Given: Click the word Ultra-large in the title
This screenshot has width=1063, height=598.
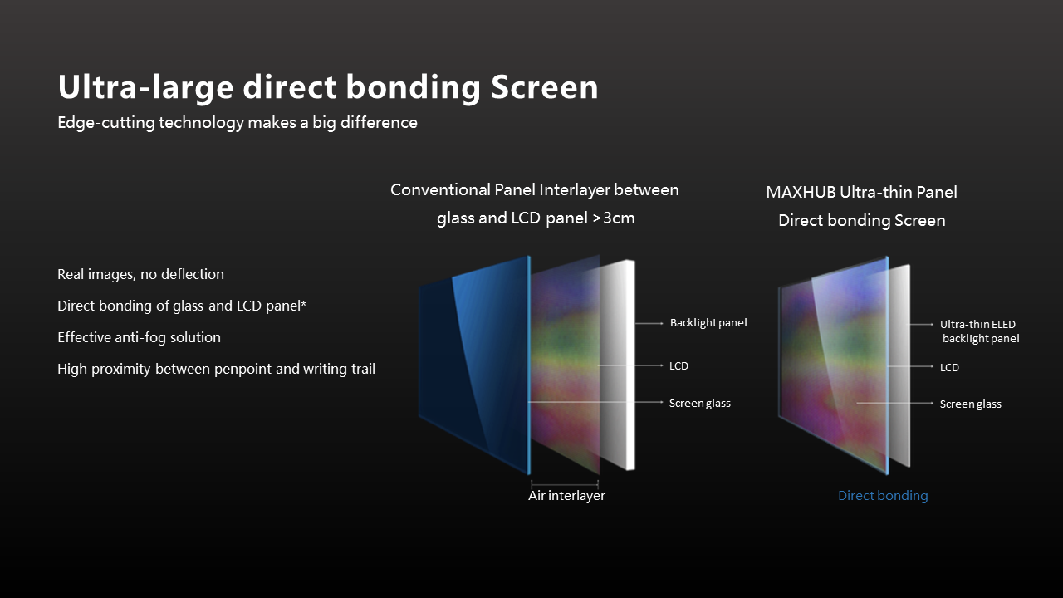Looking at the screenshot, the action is click(x=145, y=87).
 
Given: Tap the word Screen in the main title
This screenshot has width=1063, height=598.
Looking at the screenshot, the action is click(x=544, y=87).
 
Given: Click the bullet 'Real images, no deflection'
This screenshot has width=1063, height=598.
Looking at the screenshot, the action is click(x=140, y=274).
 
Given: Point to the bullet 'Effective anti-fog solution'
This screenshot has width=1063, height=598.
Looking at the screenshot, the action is click(x=139, y=337).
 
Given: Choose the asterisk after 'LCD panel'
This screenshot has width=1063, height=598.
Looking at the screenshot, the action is click(x=304, y=303).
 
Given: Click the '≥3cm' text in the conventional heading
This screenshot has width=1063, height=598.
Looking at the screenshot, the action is click(x=613, y=218).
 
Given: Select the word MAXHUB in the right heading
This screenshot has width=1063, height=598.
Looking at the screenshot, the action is click(x=801, y=192).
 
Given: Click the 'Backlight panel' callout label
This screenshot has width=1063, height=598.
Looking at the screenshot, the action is click(x=708, y=323).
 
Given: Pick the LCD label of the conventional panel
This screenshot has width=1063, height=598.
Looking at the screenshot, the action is click(x=678, y=366).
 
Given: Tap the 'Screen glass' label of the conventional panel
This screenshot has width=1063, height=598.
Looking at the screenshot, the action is click(x=699, y=404).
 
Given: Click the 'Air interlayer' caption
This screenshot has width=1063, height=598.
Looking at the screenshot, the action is click(x=566, y=496).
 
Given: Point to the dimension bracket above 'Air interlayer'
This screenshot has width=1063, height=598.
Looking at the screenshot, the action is click(x=565, y=485).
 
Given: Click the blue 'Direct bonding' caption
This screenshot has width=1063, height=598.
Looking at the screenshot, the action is click(x=883, y=496).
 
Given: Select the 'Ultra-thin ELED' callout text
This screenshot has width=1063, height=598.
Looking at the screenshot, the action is click(x=977, y=325).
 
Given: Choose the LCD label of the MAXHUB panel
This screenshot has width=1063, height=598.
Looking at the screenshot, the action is click(x=949, y=368).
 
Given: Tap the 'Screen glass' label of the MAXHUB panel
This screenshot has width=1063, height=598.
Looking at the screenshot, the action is click(x=971, y=404).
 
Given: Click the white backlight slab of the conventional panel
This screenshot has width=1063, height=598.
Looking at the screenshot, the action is click(x=617, y=365).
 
